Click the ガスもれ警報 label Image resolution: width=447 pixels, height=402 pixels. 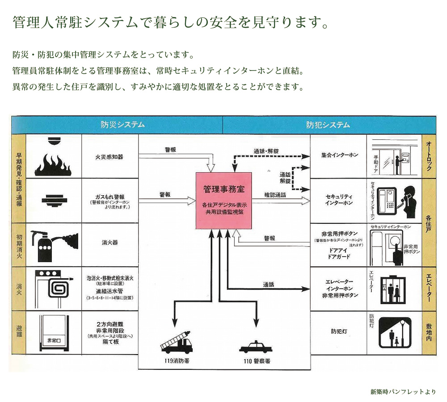click(110, 197)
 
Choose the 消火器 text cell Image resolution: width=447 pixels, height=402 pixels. click(110, 243)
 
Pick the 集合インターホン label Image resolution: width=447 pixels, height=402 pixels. click(340, 155)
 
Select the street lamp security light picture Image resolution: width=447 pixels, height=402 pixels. click(395, 333)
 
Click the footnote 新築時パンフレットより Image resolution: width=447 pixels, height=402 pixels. click(403, 392)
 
